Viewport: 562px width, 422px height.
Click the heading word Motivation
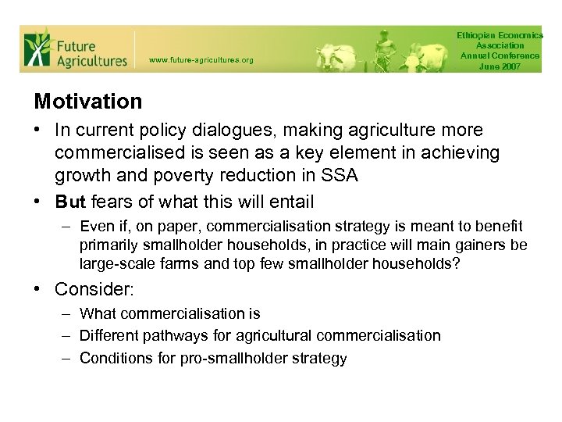pyautogui.click(x=88, y=102)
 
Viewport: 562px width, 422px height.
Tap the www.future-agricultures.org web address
pyautogui.click(x=201, y=59)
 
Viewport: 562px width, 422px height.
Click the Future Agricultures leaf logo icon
pyautogui.click(x=37, y=48)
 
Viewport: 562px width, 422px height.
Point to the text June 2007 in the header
pyautogui.click(x=500, y=66)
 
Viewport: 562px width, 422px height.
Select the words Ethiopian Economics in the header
pyautogui.click(x=500, y=36)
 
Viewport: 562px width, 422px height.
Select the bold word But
pyautogui.click(x=70, y=202)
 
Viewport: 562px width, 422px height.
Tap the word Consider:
pyautogui.click(x=94, y=289)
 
